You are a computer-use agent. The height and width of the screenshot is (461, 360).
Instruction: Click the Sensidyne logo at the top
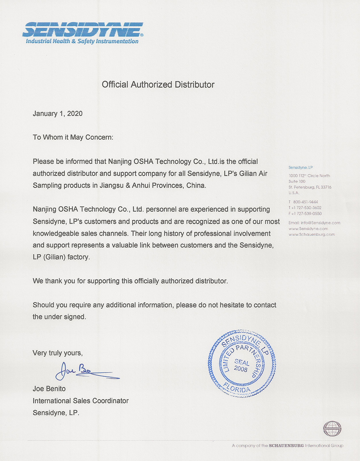click(x=83, y=29)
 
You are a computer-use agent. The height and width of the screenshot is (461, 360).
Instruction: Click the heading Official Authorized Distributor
click(x=158, y=85)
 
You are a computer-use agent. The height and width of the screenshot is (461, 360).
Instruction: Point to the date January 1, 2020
click(x=58, y=113)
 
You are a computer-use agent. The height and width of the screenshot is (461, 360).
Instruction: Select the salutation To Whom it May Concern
click(x=73, y=137)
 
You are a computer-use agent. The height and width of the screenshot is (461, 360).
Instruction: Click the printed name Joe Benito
click(x=49, y=389)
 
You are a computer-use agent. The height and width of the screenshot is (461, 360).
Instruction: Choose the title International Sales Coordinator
click(x=81, y=400)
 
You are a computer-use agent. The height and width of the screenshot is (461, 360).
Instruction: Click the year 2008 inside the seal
click(x=240, y=369)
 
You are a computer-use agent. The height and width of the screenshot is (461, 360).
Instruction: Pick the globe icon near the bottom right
click(x=332, y=429)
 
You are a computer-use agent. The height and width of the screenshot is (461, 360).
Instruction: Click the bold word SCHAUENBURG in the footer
click(x=286, y=446)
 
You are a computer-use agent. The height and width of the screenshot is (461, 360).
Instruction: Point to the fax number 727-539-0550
click(x=309, y=214)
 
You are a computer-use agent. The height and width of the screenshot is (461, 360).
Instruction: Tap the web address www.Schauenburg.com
click(x=312, y=234)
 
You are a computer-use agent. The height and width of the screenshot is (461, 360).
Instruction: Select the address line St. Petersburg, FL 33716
click(x=310, y=187)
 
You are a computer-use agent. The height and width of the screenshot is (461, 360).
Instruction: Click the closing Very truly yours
click(x=58, y=353)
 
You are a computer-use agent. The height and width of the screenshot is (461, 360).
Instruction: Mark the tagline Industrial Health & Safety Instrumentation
click(x=82, y=41)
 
